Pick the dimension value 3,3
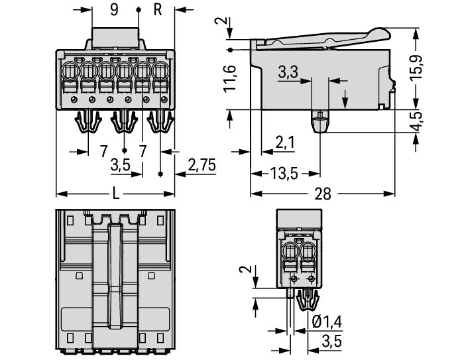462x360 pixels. tap(288, 72)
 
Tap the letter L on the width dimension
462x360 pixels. tap(115, 194)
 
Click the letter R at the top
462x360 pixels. tap(158, 9)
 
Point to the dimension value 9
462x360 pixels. tap(114, 9)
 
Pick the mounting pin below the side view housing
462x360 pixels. tap(320, 121)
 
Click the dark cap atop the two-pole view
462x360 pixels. tap(299, 219)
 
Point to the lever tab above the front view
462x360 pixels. tap(115, 37)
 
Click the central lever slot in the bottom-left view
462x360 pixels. tap(115, 278)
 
